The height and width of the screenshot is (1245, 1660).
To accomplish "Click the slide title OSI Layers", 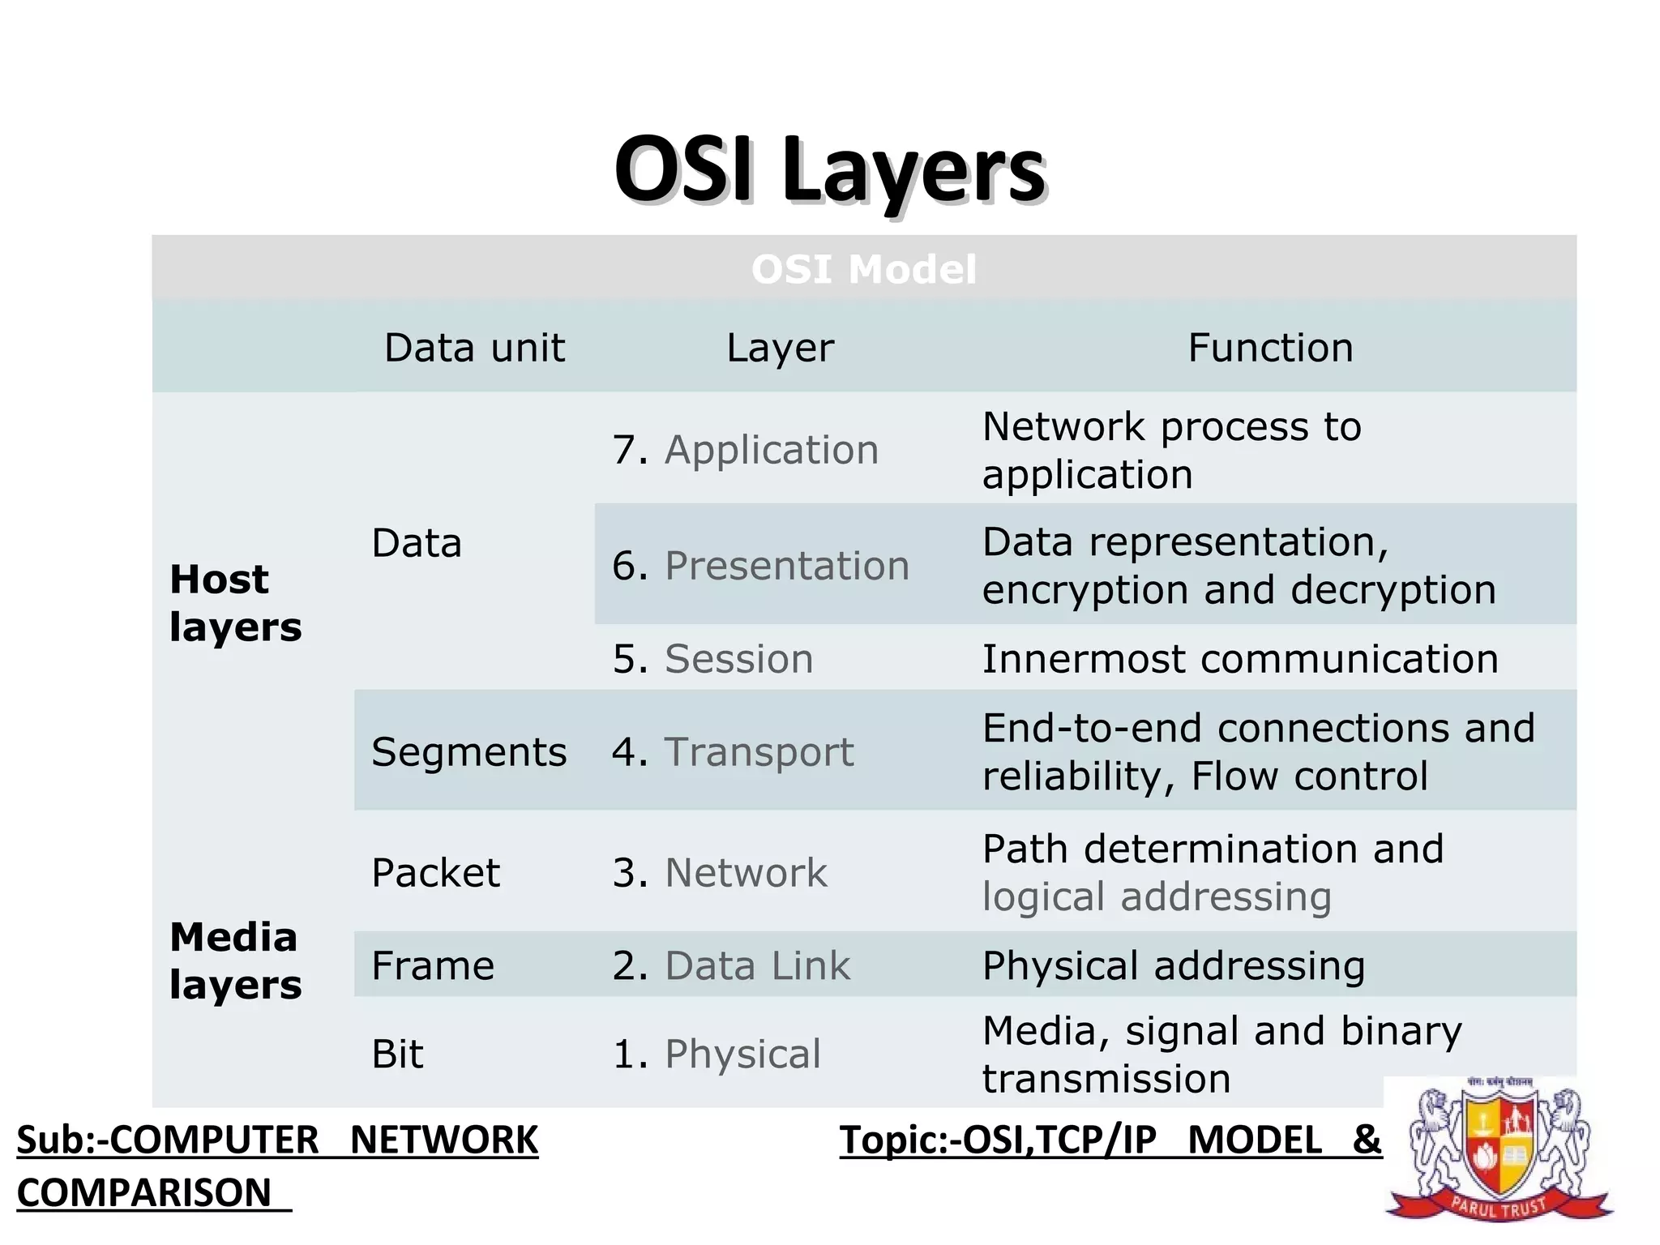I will click(x=830, y=170).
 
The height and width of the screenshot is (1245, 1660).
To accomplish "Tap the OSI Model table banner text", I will click(x=863, y=269).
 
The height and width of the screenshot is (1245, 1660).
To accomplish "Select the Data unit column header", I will click(x=474, y=348).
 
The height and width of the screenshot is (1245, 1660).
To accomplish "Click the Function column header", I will click(x=1270, y=348).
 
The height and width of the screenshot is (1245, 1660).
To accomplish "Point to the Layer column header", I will click(x=780, y=348).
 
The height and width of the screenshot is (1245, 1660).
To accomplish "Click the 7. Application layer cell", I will click(x=746, y=450).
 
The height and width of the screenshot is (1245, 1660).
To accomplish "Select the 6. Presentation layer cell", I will click(x=760, y=565).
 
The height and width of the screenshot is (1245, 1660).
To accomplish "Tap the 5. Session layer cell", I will click(x=712, y=658).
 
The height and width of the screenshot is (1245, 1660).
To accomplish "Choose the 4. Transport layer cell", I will click(x=733, y=751).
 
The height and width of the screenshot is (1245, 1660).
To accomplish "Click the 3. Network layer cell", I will click(x=720, y=873).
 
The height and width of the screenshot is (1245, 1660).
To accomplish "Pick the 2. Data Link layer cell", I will click(x=731, y=965).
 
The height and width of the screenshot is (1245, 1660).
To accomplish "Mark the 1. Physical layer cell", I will click(x=717, y=1054).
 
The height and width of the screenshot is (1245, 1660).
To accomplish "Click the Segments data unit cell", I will click(x=468, y=751).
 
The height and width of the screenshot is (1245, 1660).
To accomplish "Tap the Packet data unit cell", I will click(x=435, y=873).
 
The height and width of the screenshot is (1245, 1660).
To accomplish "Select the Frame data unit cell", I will click(x=433, y=965).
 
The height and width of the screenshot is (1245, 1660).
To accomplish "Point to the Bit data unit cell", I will click(x=397, y=1054).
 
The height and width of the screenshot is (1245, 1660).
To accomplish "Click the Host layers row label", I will click(x=235, y=603).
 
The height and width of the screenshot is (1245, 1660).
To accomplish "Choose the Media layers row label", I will click(x=235, y=960).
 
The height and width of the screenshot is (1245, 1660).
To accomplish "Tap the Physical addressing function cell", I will click(x=1173, y=965).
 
